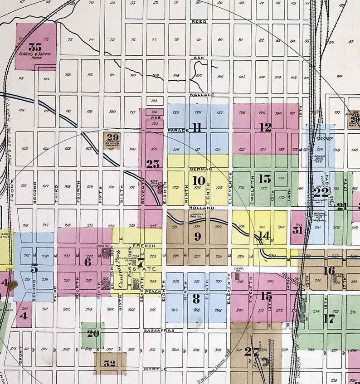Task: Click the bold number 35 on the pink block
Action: [35, 47]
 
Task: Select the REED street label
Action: [199, 21]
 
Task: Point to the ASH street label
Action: [199, 58]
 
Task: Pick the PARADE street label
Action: [178, 130]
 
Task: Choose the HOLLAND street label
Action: [198, 207]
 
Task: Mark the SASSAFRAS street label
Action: [156, 331]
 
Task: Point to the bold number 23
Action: [153, 164]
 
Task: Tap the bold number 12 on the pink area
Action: [265, 127]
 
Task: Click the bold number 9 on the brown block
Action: [197, 236]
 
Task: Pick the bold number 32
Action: [110, 363]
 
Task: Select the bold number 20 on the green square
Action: [93, 334]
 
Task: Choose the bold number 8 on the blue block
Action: [196, 298]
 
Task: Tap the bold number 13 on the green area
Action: [265, 179]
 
